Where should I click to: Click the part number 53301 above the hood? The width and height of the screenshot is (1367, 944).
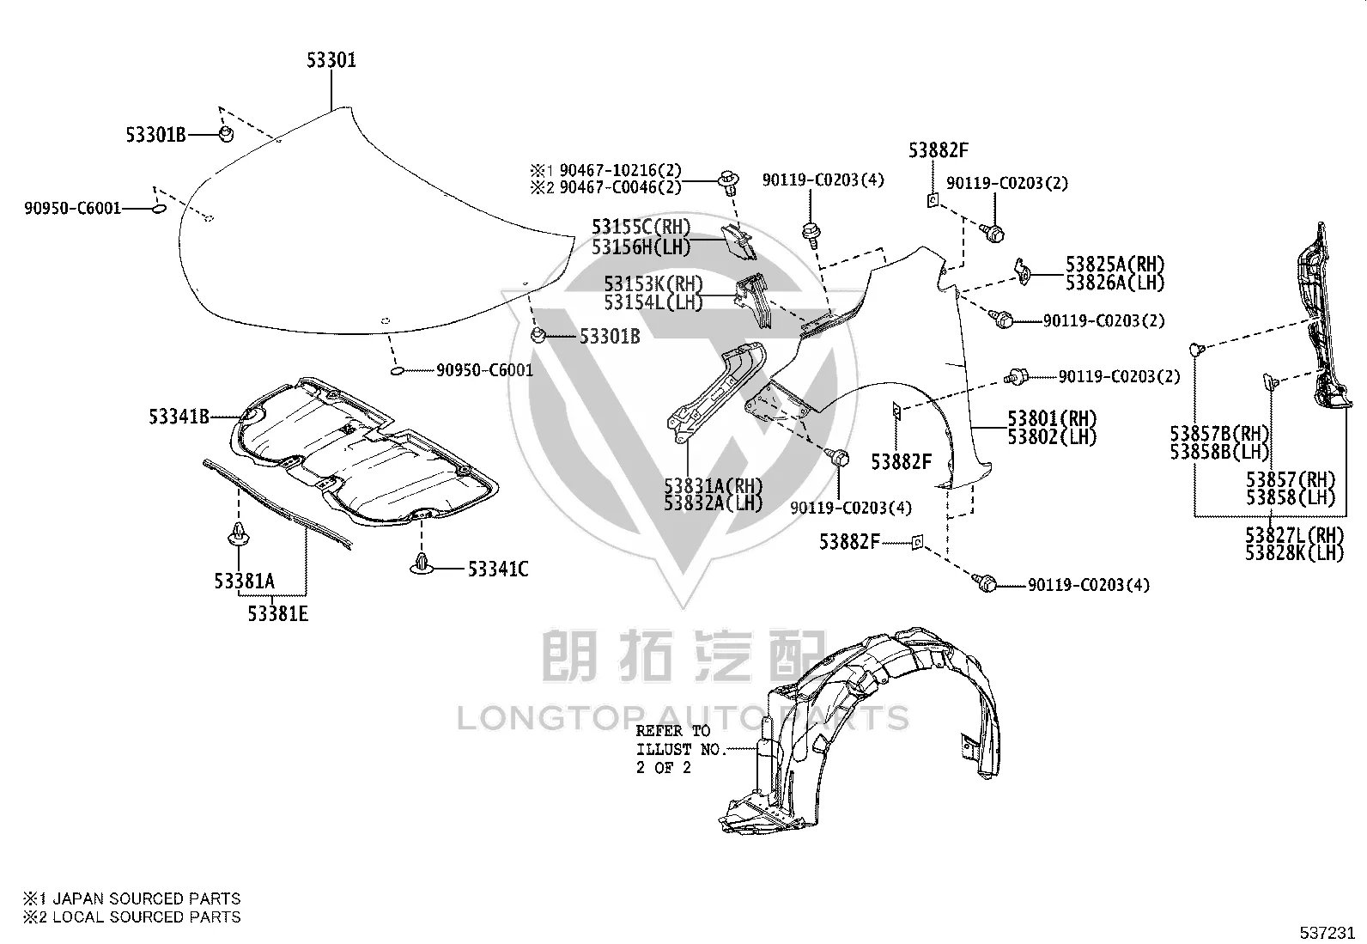click(x=331, y=60)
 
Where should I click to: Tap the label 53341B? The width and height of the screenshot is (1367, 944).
click(x=179, y=417)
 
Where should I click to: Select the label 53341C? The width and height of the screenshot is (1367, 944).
click(x=498, y=569)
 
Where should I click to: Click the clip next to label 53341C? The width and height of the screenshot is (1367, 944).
click(x=421, y=563)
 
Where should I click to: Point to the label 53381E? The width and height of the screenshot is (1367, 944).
click(x=277, y=613)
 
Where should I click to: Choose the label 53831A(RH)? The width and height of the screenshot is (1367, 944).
click(x=714, y=486)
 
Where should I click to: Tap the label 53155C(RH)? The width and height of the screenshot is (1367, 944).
click(x=641, y=227)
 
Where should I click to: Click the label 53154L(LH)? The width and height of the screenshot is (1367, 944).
click(x=653, y=302)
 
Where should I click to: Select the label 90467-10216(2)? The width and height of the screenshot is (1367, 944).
click(x=621, y=170)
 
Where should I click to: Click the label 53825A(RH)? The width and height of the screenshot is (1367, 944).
click(x=1115, y=265)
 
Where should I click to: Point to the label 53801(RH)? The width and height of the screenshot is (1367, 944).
click(x=1052, y=418)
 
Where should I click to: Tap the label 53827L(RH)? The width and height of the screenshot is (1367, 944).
click(x=1294, y=535)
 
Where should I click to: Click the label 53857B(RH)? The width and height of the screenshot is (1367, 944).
click(x=1219, y=434)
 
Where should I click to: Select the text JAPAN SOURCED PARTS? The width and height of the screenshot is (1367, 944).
click(x=147, y=898)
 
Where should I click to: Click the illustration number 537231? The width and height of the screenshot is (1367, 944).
click(x=1327, y=933)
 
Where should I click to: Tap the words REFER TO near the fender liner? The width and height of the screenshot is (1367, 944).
click(x=673, y=731)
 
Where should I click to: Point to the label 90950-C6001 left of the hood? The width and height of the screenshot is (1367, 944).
click(x=73, y=208)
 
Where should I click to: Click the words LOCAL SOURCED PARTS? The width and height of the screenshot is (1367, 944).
click(x=147, y=917)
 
